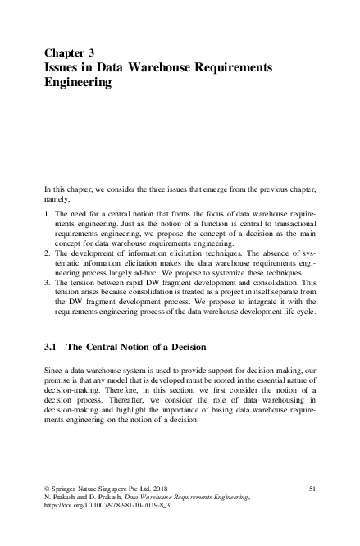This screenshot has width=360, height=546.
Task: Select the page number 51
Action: tap(312, 489)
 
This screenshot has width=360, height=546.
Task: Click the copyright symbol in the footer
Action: tap(47, 489)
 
